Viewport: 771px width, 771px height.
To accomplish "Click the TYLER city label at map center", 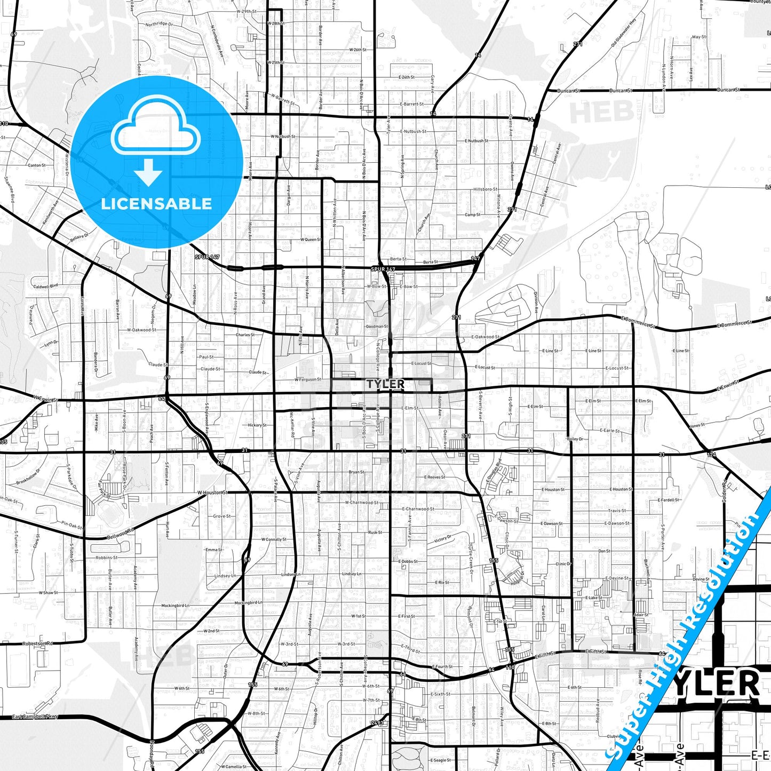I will (x=385, y=384).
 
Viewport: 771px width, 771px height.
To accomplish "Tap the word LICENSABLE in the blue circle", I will (x=156, y=204).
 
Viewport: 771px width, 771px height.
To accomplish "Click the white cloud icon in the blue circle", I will (x=155, y=126).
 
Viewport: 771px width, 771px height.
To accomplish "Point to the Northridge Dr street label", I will (x=158, y=24).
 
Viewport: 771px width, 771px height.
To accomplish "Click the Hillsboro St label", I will (x=486, y=189).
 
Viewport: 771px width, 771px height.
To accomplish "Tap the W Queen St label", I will (x=311, y=240).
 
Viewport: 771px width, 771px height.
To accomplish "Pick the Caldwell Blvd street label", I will (x=45, y=287).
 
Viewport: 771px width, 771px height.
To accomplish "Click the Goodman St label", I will (x=377, y=327).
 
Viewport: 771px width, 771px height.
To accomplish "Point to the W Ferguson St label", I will (x=308, y=380).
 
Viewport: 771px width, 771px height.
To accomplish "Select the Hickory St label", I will (x=257, y=425).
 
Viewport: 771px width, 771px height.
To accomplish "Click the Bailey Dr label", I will (x=575, y=439).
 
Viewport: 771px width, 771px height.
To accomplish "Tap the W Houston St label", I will (x=212, y=492).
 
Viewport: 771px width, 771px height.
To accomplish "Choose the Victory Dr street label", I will (x=442, y=539).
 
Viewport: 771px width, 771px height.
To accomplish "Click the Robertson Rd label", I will (x=37, y=643).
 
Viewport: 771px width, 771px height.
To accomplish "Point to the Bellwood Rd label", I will (x=121, y=534).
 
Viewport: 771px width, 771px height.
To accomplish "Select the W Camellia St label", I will (x=234, y=767).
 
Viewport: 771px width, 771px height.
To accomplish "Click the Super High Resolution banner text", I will (x=688, y=635).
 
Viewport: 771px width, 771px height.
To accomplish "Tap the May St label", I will (x=698, y=37).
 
